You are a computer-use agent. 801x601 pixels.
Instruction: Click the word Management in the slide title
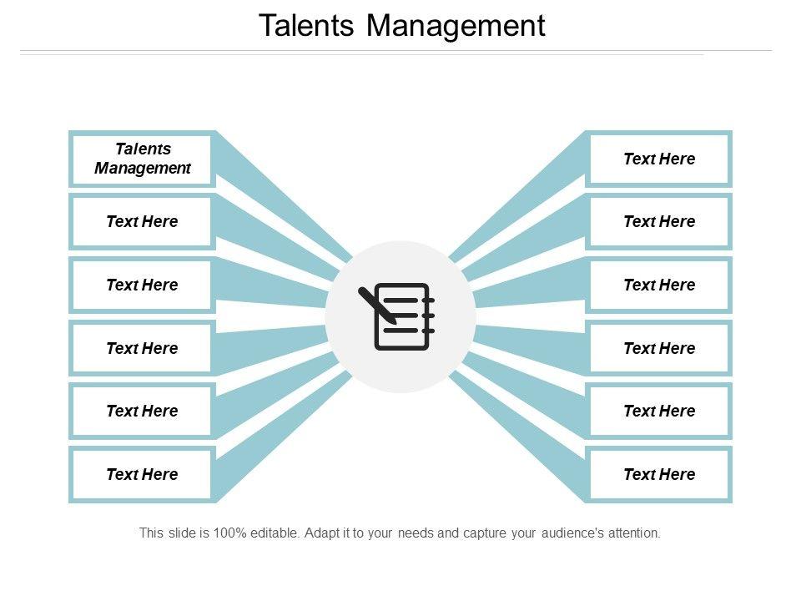(456, 26)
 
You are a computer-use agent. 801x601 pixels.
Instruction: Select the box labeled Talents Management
(142, 159)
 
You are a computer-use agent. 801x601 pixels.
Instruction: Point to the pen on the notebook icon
(376, 306)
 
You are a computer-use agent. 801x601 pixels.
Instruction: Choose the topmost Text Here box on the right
(659, 159)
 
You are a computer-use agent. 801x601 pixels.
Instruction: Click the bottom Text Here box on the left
(142, 474)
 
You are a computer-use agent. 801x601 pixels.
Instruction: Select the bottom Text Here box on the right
(659, 474)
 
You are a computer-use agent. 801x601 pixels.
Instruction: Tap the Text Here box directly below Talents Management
(142, 222)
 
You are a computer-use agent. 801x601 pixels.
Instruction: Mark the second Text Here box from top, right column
(659, 222)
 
